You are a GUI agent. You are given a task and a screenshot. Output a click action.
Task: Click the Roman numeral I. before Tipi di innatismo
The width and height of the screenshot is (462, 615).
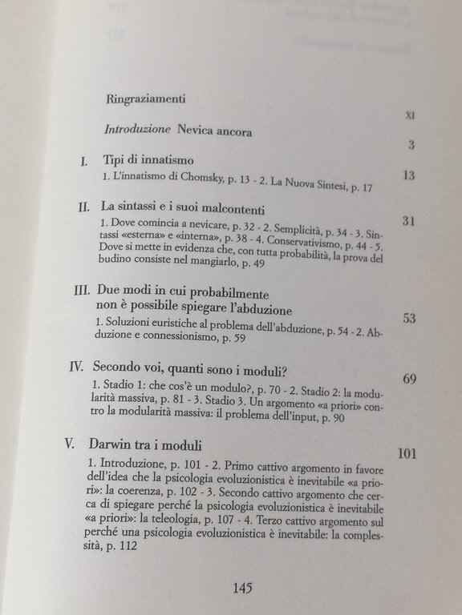[85, 161]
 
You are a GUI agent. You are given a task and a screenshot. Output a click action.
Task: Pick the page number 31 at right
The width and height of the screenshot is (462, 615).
[409, 223]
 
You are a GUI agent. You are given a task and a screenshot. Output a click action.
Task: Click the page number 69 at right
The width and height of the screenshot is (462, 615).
[409, 378]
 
